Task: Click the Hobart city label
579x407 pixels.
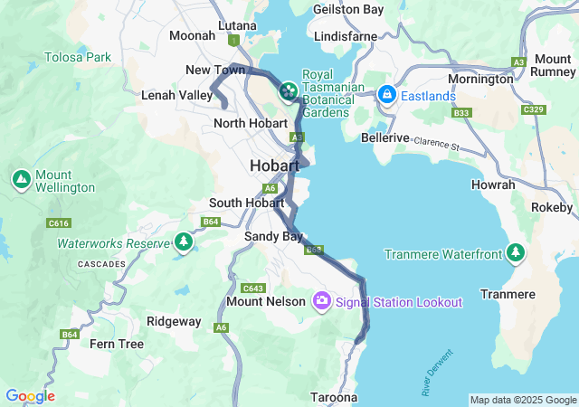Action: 274,166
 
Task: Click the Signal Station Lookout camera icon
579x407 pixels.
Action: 321,301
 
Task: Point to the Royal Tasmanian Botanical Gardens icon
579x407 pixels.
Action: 288,90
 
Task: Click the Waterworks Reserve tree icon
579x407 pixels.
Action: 184,242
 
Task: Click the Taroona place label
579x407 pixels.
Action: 334,397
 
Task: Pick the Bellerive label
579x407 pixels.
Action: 385,138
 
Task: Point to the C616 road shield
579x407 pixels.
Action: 59,222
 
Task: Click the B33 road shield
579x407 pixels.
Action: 461,113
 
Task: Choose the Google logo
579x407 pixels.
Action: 30,396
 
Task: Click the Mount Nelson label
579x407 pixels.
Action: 265,301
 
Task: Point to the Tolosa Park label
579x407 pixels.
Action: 78,57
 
